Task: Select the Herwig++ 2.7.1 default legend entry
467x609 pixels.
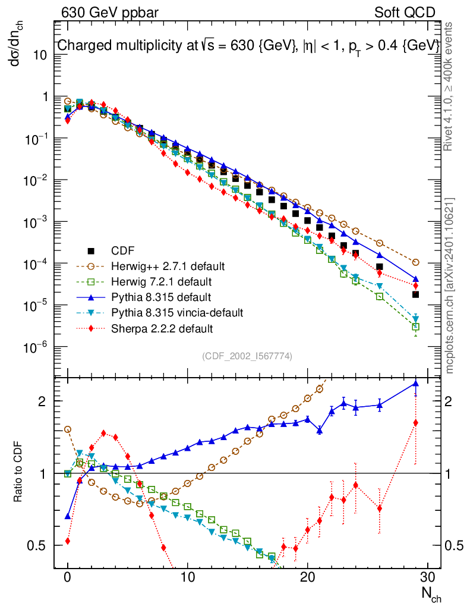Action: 160,265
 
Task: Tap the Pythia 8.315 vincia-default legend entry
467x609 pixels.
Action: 177,312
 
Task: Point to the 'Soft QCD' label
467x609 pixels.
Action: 405,12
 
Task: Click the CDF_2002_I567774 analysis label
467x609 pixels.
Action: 247,356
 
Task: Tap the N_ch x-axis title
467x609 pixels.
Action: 431,594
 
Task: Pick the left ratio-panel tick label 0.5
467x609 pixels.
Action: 39,545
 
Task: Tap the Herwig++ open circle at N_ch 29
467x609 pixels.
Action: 416,262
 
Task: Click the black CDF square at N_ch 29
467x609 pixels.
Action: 416,294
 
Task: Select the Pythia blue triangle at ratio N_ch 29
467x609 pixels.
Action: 416,384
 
